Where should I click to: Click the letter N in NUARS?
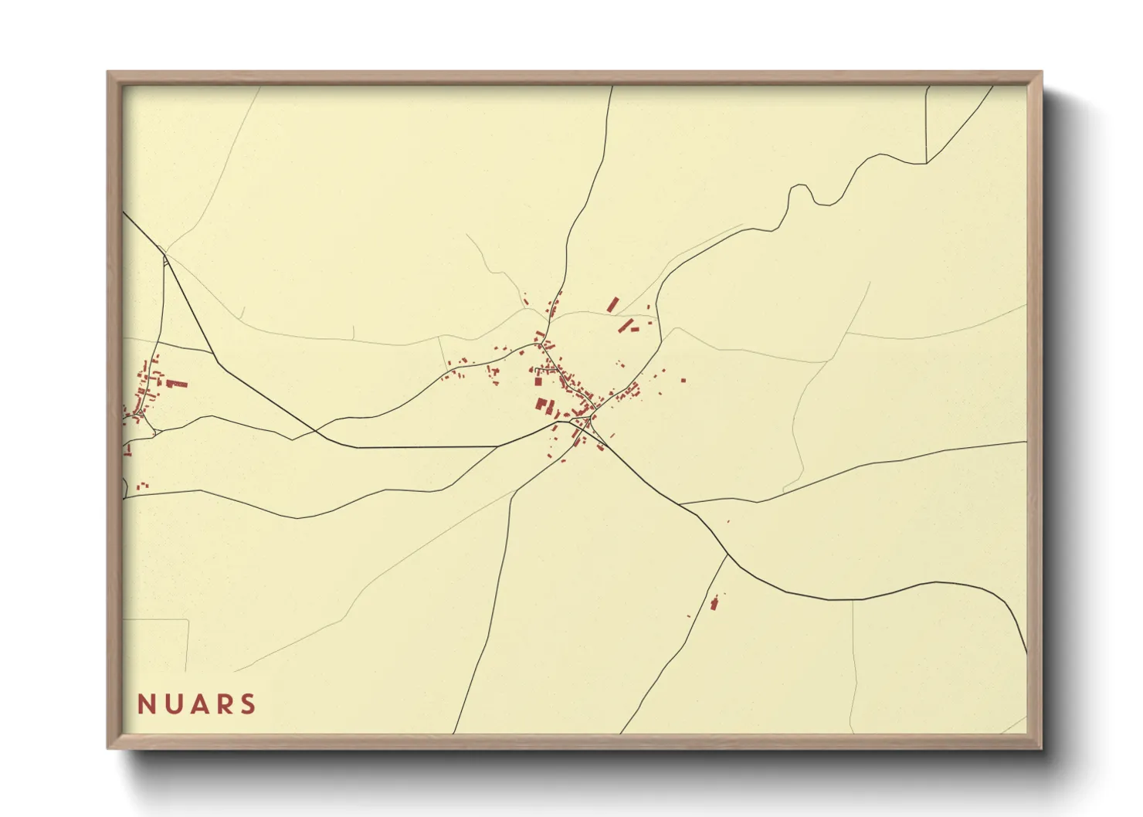coord(147,704)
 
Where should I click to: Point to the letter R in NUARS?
coord(224,704)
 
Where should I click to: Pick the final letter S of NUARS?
coord(248,704)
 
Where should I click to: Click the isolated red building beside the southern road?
coord(714,602)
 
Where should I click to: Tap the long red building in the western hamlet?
coord(178,383)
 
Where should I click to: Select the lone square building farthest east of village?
coord(683,379)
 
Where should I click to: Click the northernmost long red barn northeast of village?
coord(614,304)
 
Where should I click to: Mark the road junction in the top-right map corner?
coord(926,163)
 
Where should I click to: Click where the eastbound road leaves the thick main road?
coord(680,504)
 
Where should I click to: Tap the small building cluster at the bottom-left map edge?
coord(142,486)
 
